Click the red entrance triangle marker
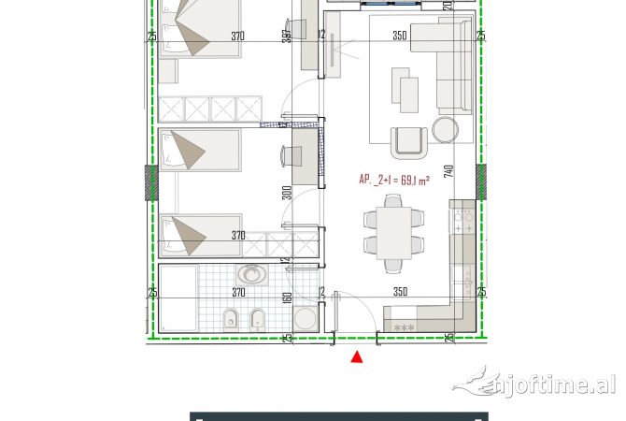[x=356, y=356]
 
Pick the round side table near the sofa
[x=445, y=128]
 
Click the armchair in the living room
[x=408, y=139]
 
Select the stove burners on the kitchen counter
[x=461, y=223]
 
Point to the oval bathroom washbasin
[x=250, y=274]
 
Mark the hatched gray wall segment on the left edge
[x=148, y=183]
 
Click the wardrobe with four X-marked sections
[x=214, y=109]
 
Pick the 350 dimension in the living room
[x=399, y=36]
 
